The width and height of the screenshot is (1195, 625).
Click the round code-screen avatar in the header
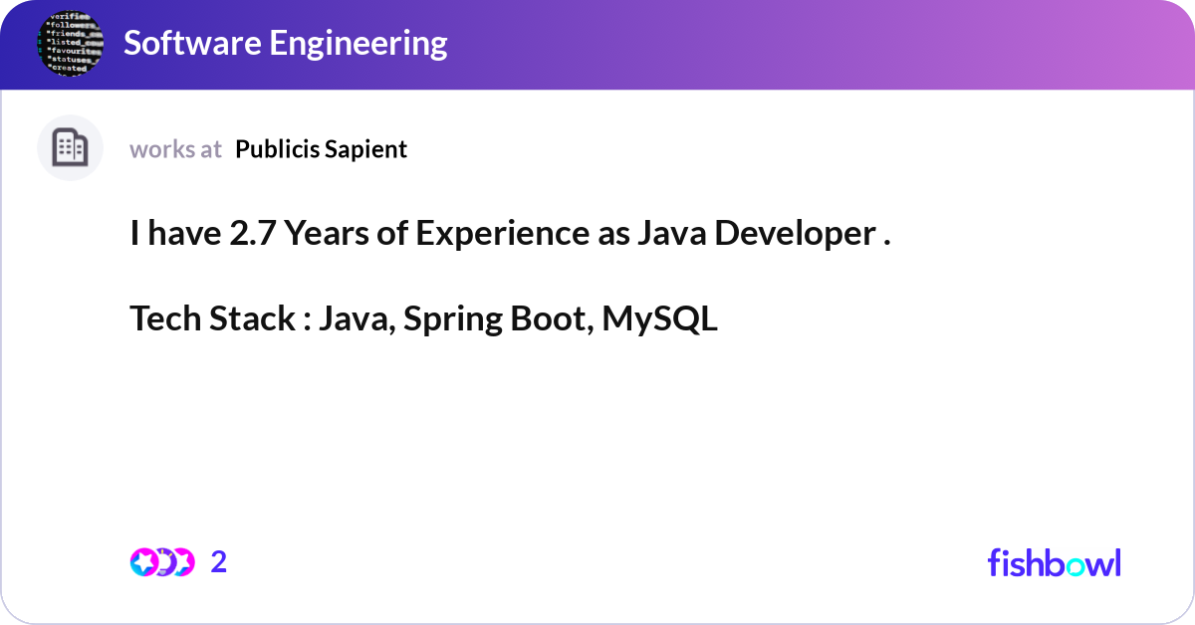coord(70,45)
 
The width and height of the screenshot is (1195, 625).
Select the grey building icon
coord(70,148)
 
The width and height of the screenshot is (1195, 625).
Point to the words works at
coord(175,149)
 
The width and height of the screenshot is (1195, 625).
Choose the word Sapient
coord(367,149)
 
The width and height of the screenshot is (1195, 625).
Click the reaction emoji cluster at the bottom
coord(161,562)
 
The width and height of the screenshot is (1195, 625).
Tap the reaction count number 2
coord(219,562)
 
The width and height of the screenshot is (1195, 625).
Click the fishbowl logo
coord(1054,563)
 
